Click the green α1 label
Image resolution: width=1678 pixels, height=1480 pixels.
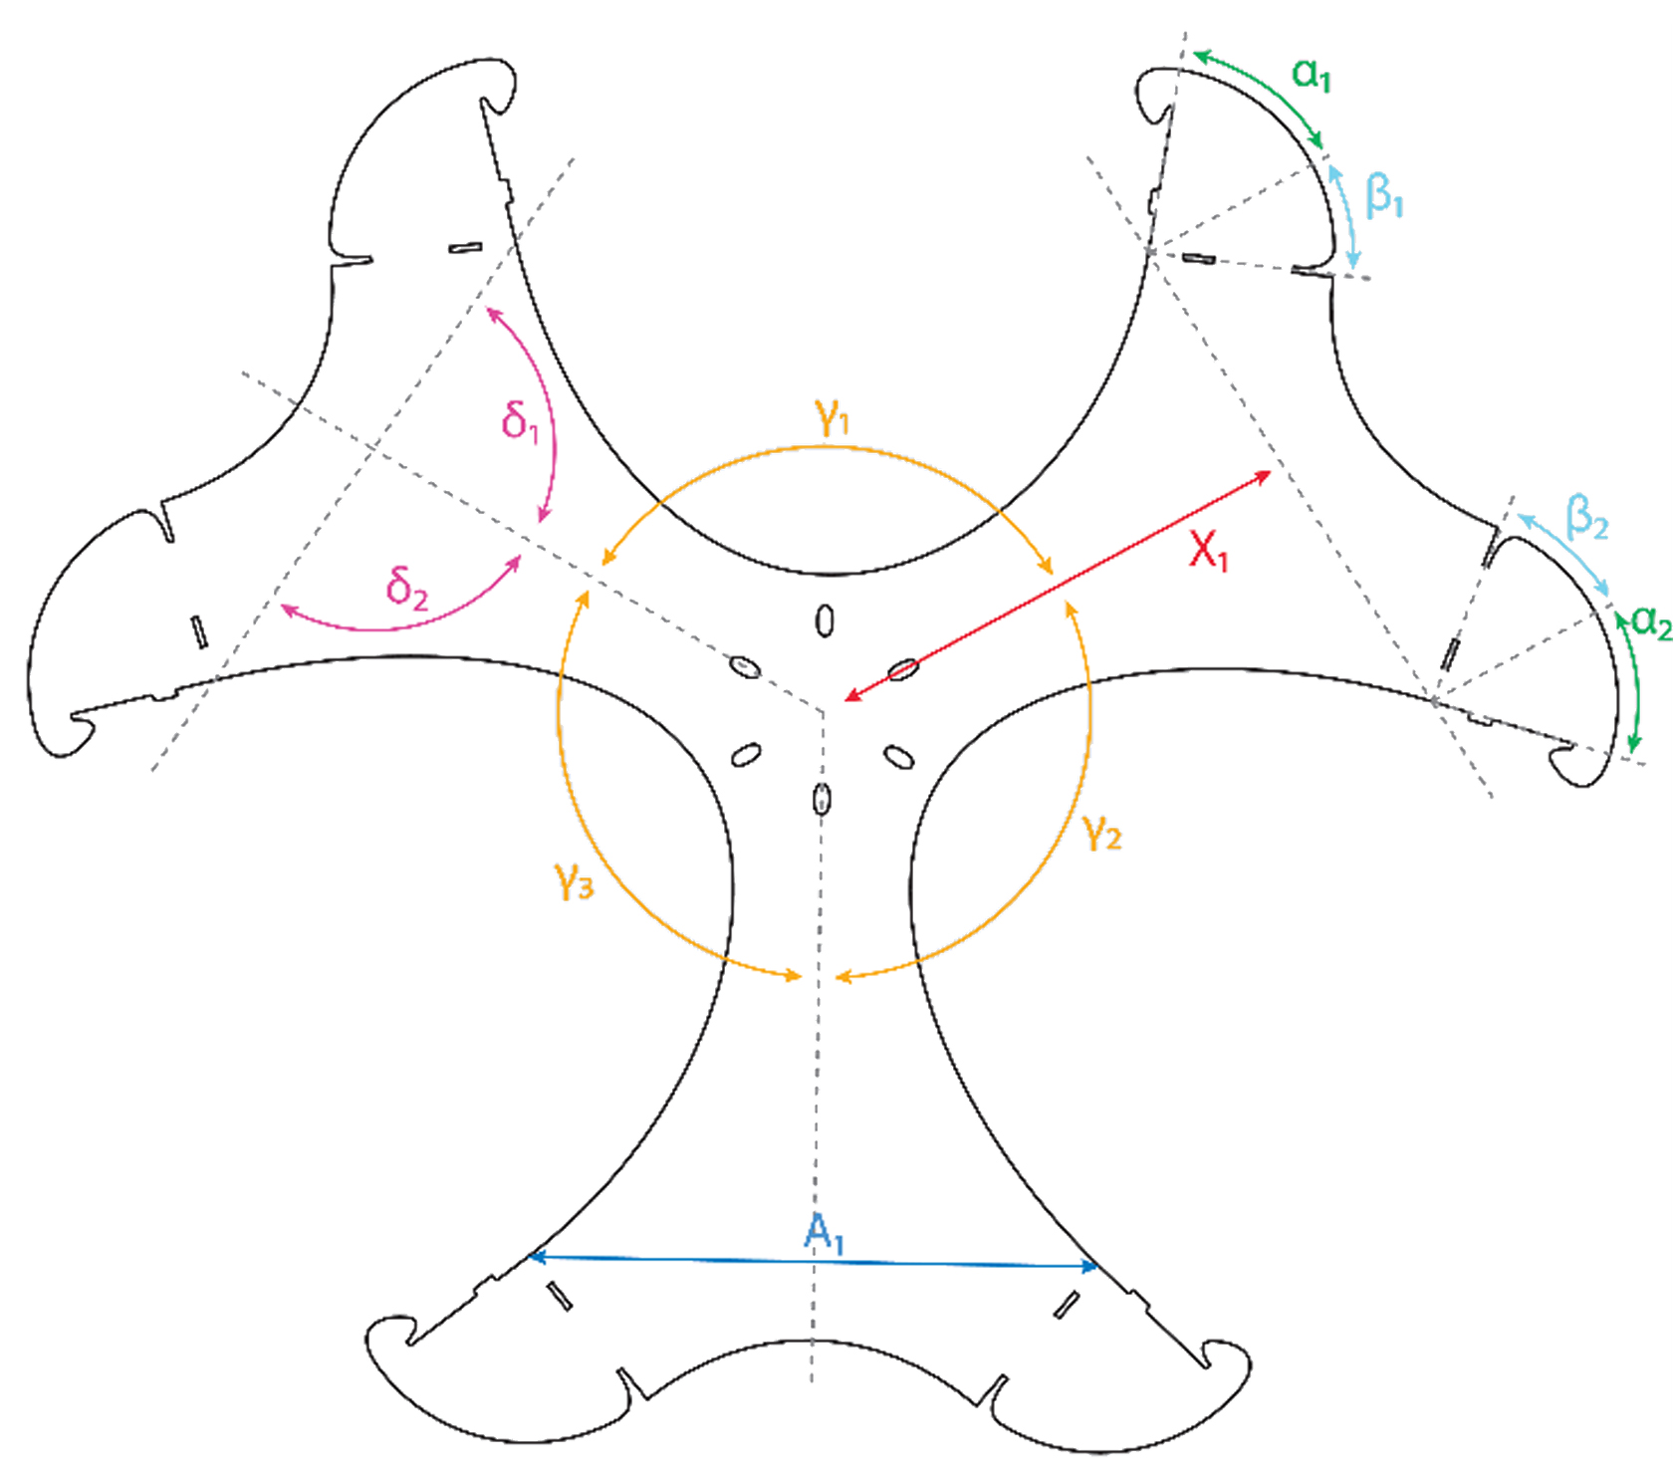1312,75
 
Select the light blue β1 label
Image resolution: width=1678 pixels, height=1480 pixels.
1384,195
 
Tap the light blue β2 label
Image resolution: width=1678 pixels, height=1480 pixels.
1586,518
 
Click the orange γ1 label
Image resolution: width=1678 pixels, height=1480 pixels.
832,416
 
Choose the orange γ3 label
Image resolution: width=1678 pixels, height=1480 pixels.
574,880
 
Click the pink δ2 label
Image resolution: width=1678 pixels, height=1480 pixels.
406,588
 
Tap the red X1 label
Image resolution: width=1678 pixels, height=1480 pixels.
1208,550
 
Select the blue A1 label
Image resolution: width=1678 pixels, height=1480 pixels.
824,1234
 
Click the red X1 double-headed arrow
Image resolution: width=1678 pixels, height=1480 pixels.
1056,588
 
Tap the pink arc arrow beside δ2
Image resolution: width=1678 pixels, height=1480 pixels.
398,625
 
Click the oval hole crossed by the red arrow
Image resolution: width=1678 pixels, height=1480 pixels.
901,669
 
